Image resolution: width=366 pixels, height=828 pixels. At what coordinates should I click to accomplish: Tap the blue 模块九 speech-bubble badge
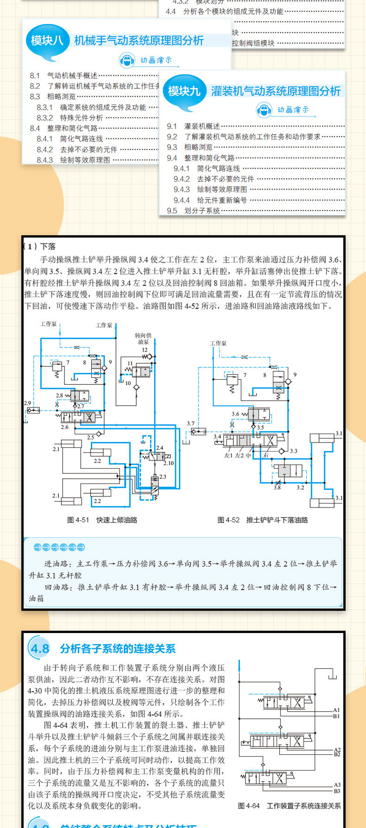[x=184, y=91]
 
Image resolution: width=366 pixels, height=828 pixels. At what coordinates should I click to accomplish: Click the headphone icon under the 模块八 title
[x=127, y=60]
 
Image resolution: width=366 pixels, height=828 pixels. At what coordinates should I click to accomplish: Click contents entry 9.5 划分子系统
[x=193, y=211]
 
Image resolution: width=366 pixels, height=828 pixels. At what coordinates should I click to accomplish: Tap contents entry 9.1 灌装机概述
[x=193, y=126]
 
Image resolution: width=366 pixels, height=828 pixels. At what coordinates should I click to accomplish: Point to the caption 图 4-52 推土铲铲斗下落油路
[x=263, y=520]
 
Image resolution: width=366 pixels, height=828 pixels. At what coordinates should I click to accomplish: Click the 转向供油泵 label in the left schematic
[x=143, y=339]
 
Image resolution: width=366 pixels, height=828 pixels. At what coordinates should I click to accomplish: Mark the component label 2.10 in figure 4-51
[x=169, y=463]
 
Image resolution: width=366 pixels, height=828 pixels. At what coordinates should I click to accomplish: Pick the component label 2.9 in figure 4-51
[x=27, y=403]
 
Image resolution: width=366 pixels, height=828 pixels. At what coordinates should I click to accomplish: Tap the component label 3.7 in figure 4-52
[x=191, y=423]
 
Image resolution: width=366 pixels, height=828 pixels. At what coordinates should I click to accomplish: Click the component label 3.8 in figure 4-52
[x=277, y=488]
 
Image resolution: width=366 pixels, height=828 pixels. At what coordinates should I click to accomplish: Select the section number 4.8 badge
[x=40, y=649]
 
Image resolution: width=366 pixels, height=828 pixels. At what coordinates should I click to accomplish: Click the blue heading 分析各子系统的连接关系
[x=118, y=649]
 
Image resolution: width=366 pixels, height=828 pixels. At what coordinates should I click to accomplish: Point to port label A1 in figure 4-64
[x=336, y=710]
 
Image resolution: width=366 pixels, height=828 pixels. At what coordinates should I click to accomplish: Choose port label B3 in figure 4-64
[x=337, y=791]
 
